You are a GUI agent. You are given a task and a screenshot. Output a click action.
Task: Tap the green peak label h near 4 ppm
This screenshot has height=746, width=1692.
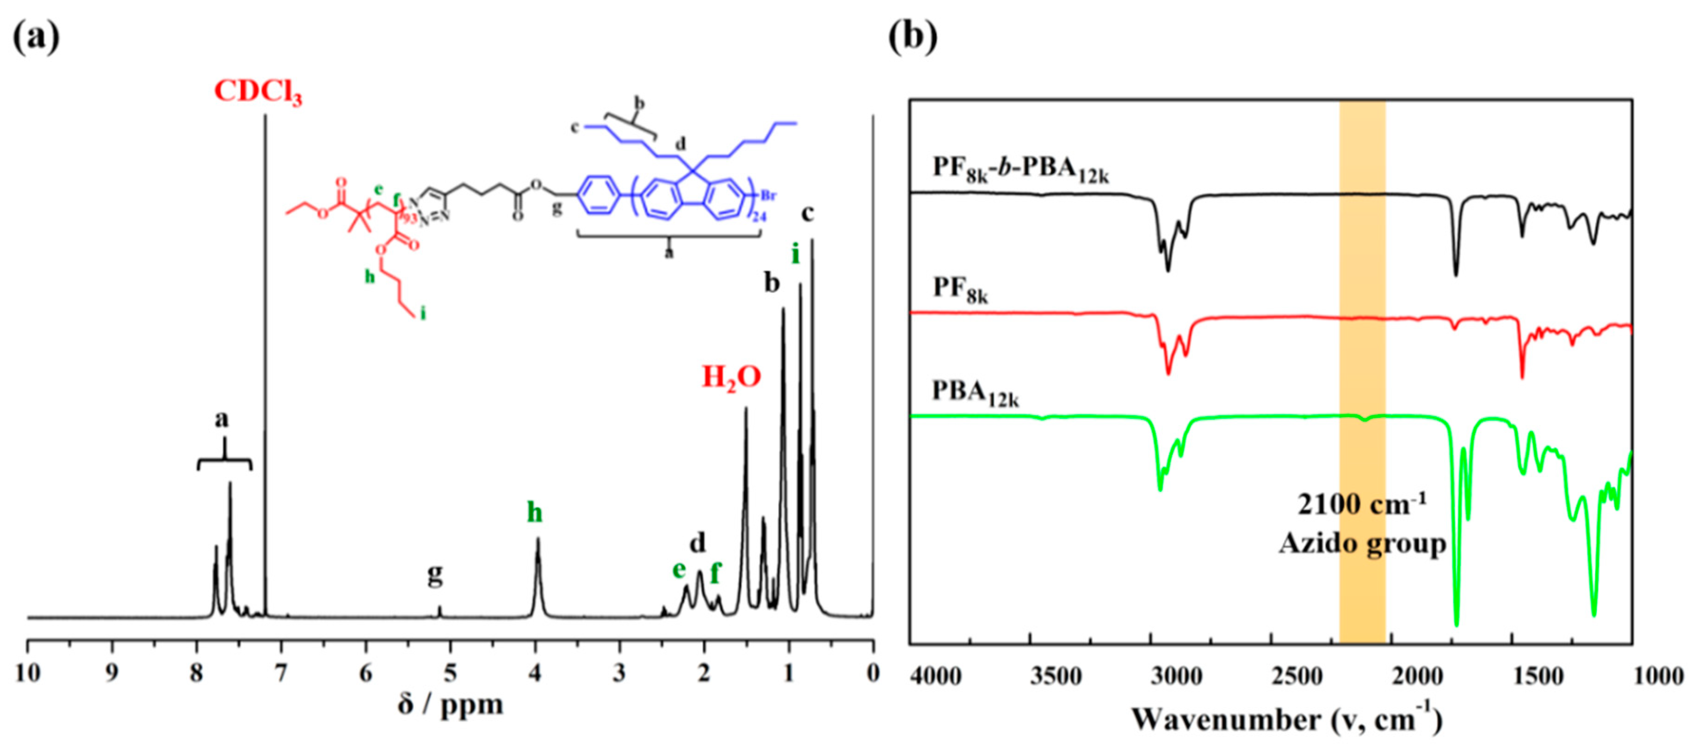pos(535,513)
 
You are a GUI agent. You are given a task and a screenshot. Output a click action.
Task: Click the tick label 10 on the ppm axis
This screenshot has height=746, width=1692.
pos(28,673)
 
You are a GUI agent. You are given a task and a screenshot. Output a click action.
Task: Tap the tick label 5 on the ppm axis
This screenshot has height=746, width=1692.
pos(451,673)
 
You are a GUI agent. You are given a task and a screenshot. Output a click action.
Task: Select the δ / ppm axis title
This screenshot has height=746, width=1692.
pos(451,705)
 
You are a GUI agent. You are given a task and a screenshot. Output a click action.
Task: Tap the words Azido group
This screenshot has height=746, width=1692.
pos(1362,544)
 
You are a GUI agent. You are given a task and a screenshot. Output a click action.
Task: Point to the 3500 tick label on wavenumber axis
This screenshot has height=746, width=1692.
pos(1056,676)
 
